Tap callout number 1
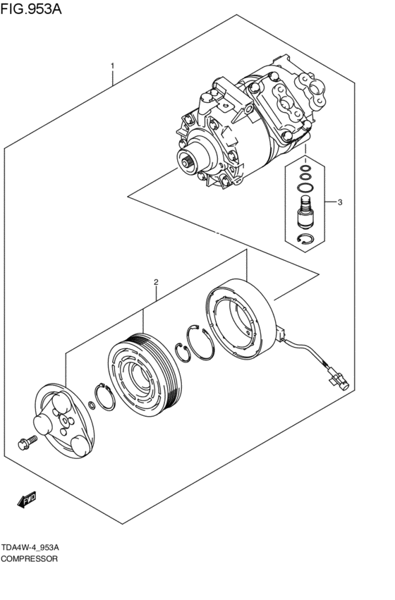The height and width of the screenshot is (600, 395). click(112, 66)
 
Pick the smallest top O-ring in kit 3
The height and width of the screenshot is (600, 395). click(305, 169)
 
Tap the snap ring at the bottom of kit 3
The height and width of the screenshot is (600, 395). click(305, 240)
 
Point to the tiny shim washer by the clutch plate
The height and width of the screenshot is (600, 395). click(92, 405)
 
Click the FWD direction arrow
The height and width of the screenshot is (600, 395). click(27, 501)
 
